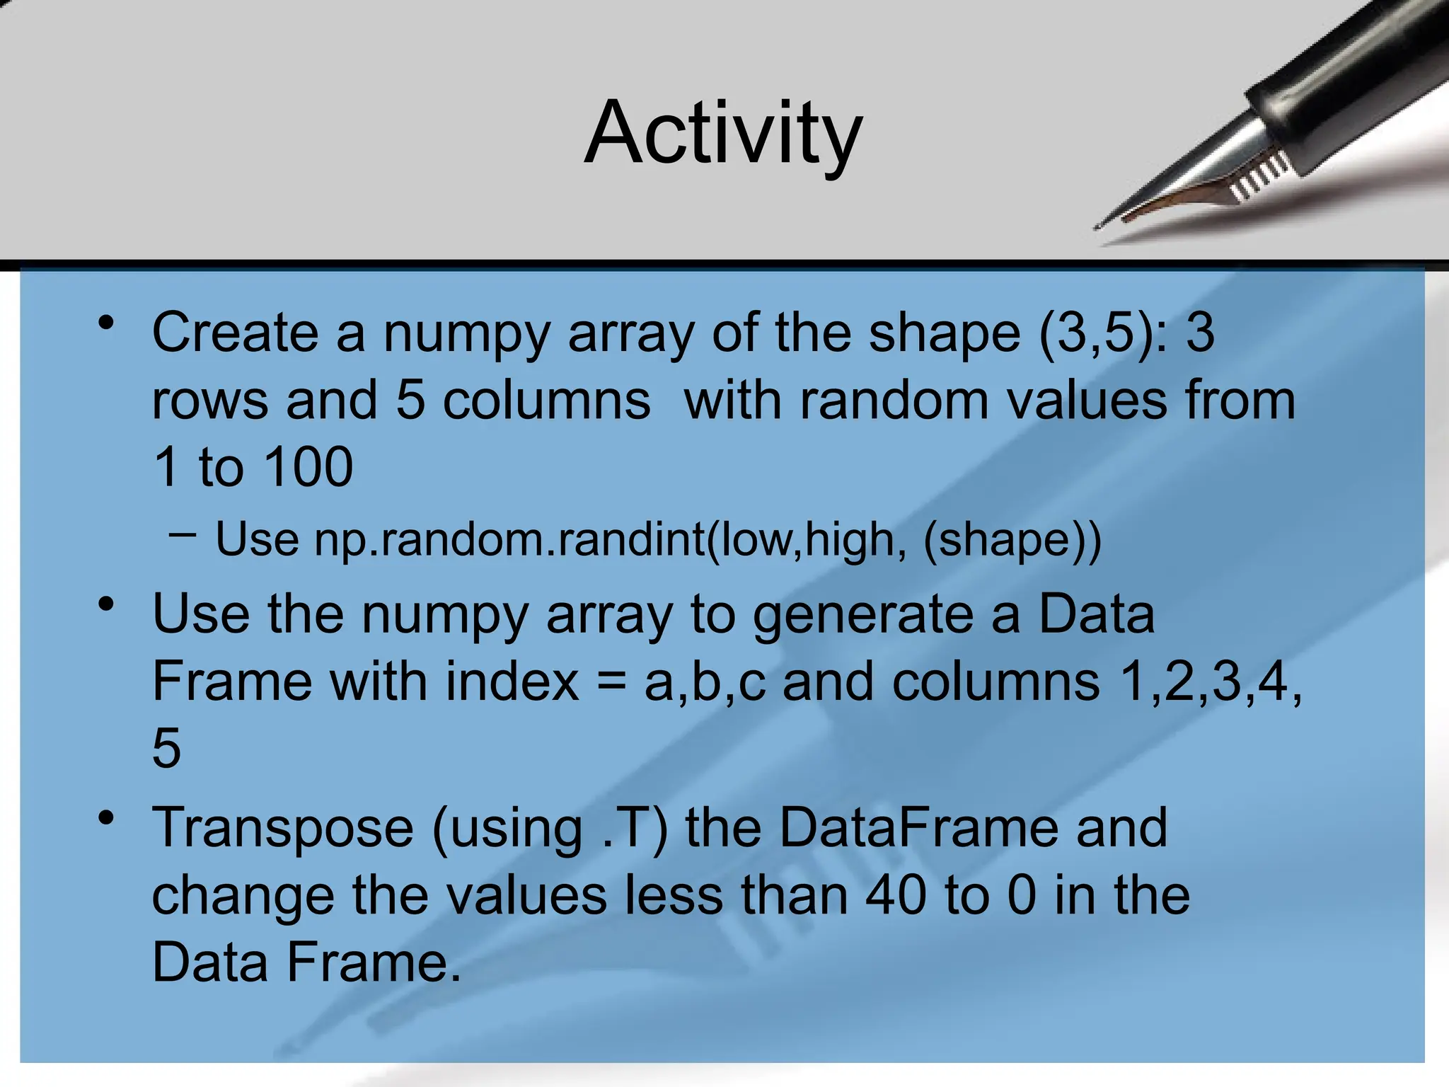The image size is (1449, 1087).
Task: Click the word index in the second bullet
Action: coord(512,682)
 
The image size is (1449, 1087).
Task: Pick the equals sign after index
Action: coord(611,684)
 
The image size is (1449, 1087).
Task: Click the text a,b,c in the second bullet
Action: coord(705,684)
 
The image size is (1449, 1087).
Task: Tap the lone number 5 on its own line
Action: coord(167,749)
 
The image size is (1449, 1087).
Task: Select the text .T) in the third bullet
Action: coord(635,829)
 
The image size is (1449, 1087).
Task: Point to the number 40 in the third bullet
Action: coord(896,896)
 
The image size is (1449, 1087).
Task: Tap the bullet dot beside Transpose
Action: coord(107,819)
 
